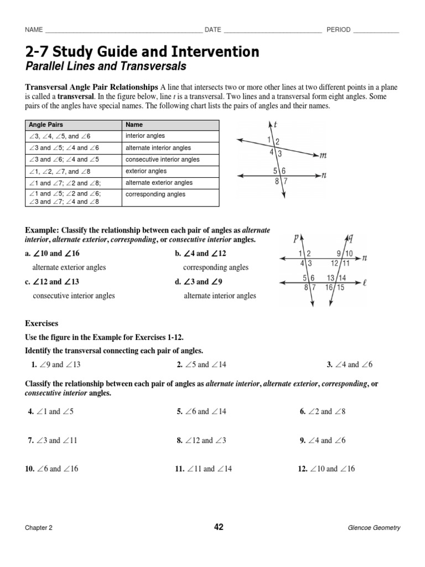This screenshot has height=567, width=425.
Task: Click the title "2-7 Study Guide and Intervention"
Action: point(142,52)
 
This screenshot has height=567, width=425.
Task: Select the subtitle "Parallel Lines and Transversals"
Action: point(105,67)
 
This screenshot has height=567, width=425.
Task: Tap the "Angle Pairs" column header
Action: point(47,125)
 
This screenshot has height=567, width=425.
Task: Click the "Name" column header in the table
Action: point(134,125)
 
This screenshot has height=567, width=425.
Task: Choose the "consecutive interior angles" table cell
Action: point(163,159)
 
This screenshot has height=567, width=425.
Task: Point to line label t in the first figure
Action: point(275,125)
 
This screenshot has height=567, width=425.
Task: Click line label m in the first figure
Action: point(324,156)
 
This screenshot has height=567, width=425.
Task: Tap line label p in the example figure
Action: point(297,239)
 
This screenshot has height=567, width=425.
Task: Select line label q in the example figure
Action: point(350,238)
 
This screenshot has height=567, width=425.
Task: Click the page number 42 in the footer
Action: point(219,527)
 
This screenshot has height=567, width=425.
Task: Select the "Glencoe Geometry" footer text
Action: point(375,528)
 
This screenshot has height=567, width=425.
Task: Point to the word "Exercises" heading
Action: point(42,323)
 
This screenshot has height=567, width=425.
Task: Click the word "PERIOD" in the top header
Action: point(338,30)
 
